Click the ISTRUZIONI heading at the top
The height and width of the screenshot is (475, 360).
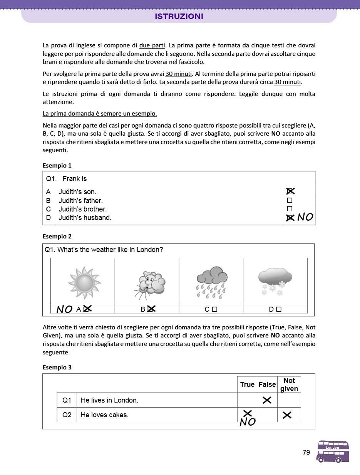pyautogui.click(x=179, y=17)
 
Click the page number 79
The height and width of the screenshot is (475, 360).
pyautogui.click(x=306, y=453)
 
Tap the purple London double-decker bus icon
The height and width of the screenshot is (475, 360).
pyautogui.click(x=333, y=452)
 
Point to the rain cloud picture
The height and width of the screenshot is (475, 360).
pyautogui.click(x=211, y=282)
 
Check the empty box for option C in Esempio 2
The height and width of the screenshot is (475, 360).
pyautogui.click(x=214, y=309)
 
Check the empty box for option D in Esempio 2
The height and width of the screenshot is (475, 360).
pyautogui.click(x=279, y=309)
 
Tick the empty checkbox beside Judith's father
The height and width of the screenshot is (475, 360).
pyautogui.click(x=290, y=200)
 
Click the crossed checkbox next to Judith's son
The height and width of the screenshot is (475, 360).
pyautogui.click(x=290, y=191)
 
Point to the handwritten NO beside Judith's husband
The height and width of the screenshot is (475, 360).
pyautogui.click(x=305, y=217)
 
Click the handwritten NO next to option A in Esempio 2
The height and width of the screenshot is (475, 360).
pyautogui.click(x=64, y=309)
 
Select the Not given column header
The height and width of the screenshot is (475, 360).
pyautogui.click(x=289, y=384)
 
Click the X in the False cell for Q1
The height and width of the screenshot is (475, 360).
pyautogui.click(x=267, y=400)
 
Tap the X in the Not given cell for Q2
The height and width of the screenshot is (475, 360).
pyautogui.click(x=287, y=415)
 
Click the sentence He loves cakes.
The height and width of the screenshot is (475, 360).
pyautogui.click(x=104, y=415)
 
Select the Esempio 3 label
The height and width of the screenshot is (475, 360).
pyautogui.click(x=57, y=367)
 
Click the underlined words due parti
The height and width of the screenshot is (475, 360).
pyautogui.click(x=152, y=46)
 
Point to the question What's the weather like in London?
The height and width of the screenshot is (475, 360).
pyautogui.click(x=104, y=250)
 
